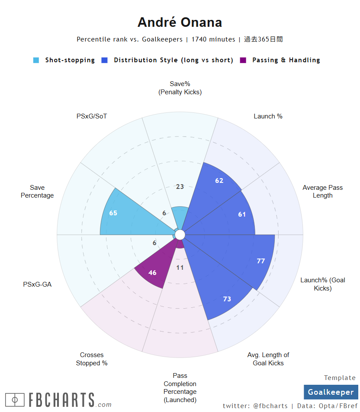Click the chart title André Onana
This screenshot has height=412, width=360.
180,22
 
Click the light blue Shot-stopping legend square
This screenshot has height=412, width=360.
36,61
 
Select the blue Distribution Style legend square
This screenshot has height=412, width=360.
104,61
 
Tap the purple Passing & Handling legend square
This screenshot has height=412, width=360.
243,61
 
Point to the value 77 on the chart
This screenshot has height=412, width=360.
260,261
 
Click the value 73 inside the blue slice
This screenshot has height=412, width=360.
227,299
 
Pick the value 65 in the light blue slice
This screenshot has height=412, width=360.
113,213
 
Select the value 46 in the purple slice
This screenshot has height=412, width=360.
152,273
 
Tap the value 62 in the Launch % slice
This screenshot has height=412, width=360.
219,181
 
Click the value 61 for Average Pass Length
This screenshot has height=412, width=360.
242,214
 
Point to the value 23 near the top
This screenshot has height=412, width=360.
180,187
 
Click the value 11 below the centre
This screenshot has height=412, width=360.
180,268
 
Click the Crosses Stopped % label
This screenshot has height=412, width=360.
92,359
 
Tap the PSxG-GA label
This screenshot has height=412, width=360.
37,284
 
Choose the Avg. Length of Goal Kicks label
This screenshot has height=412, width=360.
268,359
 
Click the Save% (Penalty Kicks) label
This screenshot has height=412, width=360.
180,88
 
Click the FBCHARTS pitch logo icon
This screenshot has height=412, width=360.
15,399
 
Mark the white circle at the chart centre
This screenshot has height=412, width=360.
180,234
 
